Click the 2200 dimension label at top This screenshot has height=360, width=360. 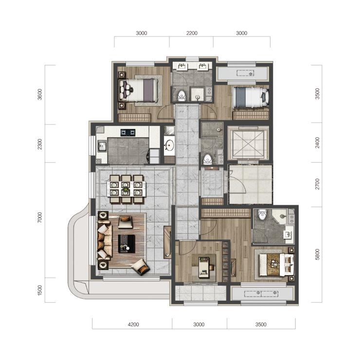(x=192, y=33)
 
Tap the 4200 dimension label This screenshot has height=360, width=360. (x=133, y=324)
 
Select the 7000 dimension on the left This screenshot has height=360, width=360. (x=40, y=217)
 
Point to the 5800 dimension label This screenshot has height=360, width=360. (x=317, y=254)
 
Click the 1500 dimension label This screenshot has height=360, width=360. (x=40, y=290)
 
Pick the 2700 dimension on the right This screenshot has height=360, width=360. (x=317, y=184)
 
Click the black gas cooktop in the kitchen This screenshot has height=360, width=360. (x=128, y=132)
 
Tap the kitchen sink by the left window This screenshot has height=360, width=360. (x=102, y=146)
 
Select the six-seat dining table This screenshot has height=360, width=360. (x=126, y=189)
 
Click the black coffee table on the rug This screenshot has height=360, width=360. (x=126, y=244)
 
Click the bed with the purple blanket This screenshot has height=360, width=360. (x=139, y=90)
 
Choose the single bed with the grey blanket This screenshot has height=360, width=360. (x=250, y=97)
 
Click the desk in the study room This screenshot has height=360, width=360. (x=204, y=267)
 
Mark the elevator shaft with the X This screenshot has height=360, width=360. (x=248, y=143)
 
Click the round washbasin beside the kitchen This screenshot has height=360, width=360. (x=170, y=145)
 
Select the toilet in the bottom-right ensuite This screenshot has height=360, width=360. (x=262, y=214)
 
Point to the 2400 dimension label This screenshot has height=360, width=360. (x=317, y=143)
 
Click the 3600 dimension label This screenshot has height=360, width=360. (x=40, y=94)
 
